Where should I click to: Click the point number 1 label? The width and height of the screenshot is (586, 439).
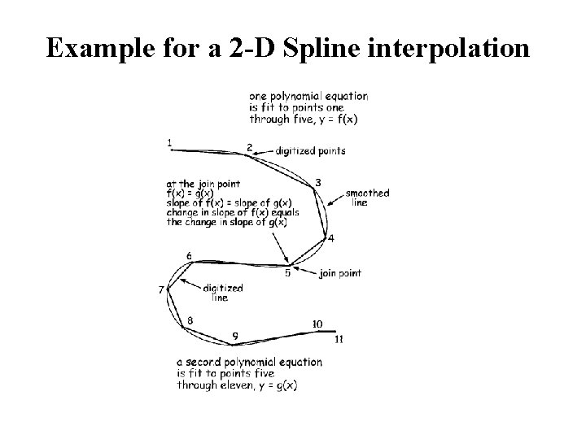click(x=169, y=143)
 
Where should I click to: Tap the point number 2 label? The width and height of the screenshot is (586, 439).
click(x=249, y=148)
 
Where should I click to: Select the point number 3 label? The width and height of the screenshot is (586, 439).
click(x=318, y=182)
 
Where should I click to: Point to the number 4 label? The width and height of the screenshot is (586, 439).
click(x=330, y=238)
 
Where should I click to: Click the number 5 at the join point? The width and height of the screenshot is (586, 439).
click(x=287, y=273)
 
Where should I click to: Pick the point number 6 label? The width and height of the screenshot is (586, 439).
click(x=189, y=256)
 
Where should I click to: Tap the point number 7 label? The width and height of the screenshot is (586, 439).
click(x=161, y=289)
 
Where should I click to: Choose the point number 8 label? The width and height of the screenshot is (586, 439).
click(x=190, y=321)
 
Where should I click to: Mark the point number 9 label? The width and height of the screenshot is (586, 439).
click(x=235, y=337)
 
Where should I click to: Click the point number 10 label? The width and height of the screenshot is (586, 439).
click(x=317, y=324)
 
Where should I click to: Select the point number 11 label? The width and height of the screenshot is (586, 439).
click(x=339, y=339)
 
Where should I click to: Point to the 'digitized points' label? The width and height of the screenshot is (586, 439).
click(x=310, y=150)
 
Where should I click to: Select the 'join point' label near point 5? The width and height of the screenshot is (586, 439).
click(x=340, y=273)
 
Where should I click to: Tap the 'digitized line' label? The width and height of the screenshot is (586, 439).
click(x=222, y=293)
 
